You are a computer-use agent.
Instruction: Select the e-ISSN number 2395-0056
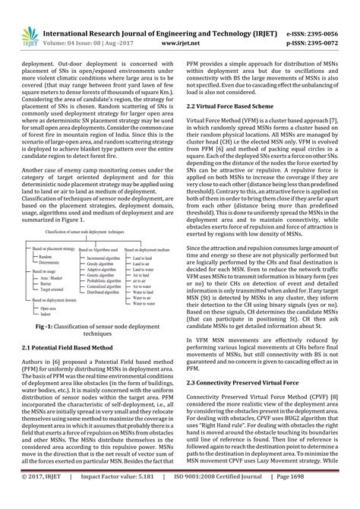[330, 13]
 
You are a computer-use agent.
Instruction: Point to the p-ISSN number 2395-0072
[330, 24]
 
